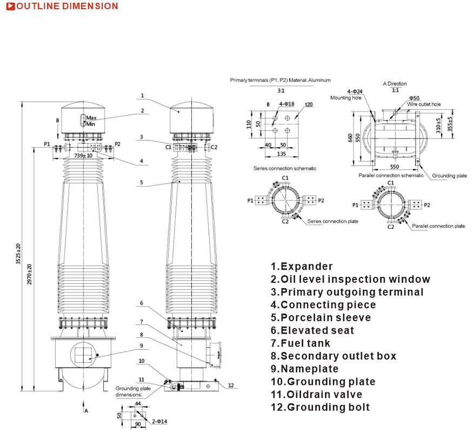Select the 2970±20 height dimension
point(30,274)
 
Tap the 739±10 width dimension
point(83,155)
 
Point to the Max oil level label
point(91,117)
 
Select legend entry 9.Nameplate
point(305,369)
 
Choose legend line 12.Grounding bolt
point(320,407)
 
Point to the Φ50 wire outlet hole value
point(415,98)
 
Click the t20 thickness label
point(309,104)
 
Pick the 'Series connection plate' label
point(332,222)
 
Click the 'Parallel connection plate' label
point(438,226)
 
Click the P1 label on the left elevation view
point(47,144)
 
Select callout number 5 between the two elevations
point(142,182)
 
